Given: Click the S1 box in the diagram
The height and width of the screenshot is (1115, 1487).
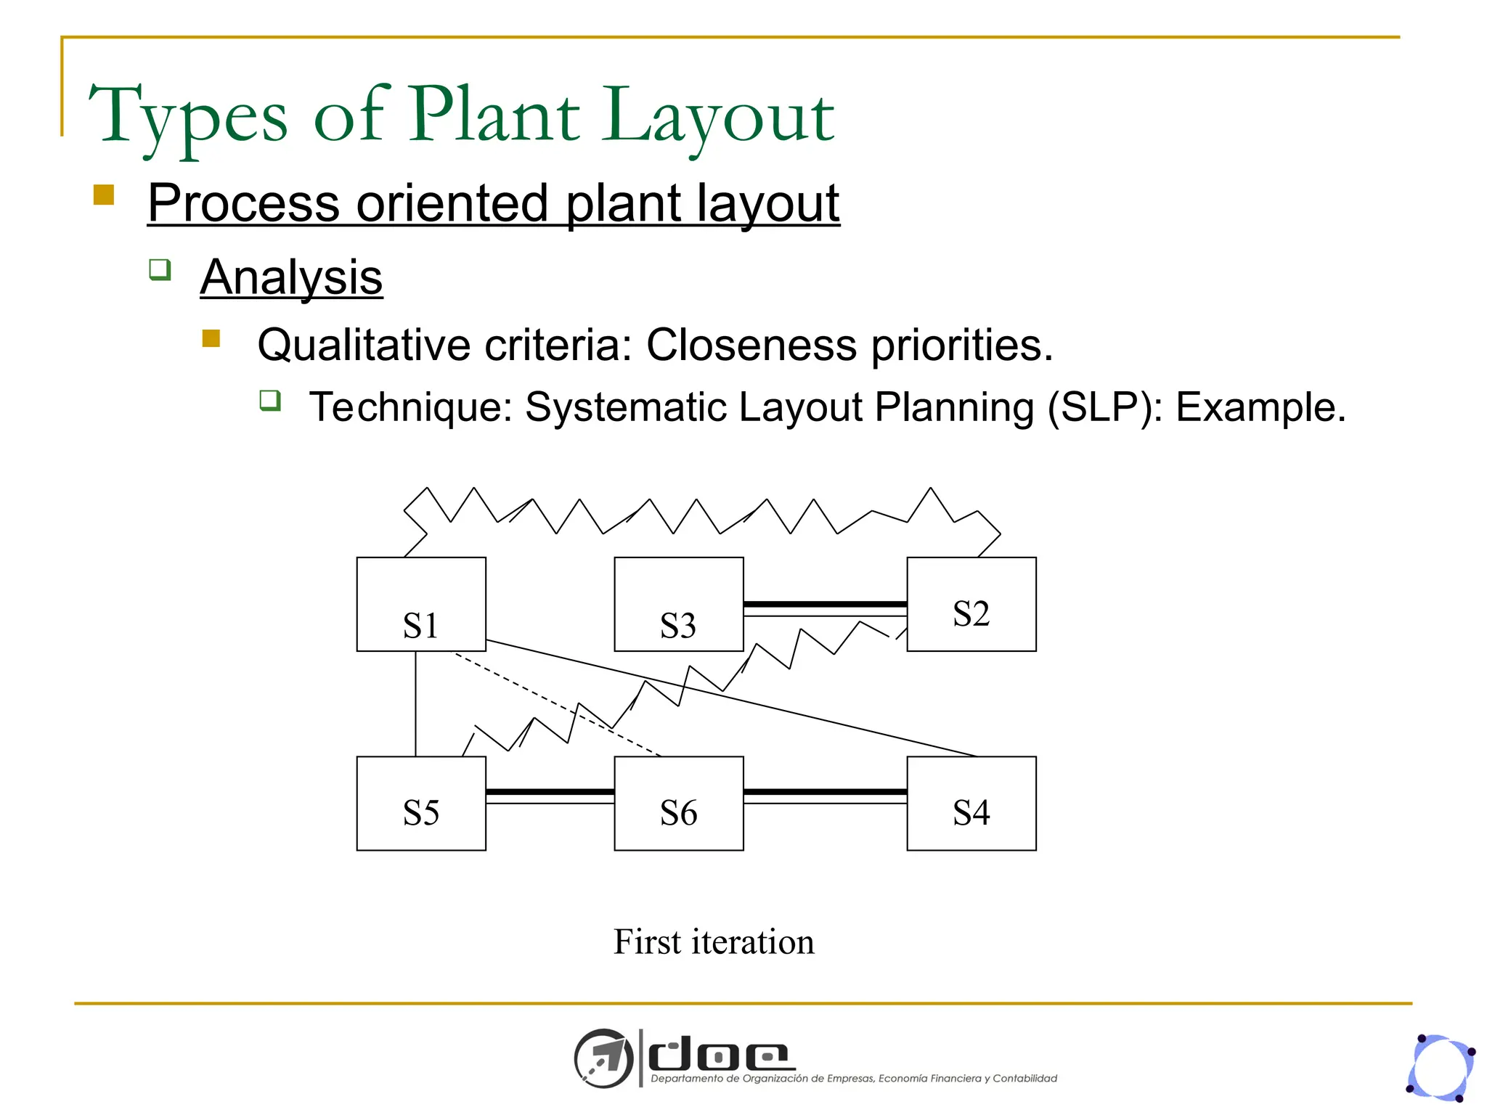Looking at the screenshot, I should (x=421, y=604).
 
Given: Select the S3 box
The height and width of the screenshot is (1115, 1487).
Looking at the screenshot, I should (x=679, y=604).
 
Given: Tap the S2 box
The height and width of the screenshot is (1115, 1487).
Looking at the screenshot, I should (x=971, y=604).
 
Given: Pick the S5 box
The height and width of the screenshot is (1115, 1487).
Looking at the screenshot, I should (x=421, y=804).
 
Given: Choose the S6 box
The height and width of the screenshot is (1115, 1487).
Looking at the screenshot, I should (x=679, y=804).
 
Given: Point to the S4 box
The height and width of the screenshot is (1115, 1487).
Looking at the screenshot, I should (x=971, y=804).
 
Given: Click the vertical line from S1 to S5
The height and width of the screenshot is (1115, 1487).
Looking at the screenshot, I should (x=415, y=704).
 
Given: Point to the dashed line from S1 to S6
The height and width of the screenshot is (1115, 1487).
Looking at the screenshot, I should (x=559, y=705).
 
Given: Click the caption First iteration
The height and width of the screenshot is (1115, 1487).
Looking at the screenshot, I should (x=714, y=942).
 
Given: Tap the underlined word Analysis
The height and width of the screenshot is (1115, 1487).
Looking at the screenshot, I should (x=291, y=277).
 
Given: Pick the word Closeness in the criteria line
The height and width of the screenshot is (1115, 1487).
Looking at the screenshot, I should (x=751, y=345).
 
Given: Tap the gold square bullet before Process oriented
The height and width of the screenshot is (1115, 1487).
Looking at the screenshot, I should (x=104, y=195).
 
